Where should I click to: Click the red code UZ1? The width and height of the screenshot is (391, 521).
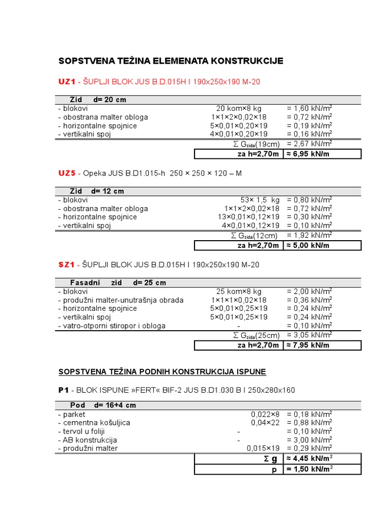click(x=67, y=81)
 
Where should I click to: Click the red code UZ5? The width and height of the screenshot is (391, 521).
click(x=67, y=173)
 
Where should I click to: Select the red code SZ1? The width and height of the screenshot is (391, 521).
click(x=67, y=265)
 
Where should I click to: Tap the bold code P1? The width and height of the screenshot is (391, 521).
click(x=64, y=390)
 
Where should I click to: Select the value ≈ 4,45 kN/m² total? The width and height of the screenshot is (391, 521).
click(x=310, y=458)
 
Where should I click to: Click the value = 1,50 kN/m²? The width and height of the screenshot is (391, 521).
click(x=310, y=470)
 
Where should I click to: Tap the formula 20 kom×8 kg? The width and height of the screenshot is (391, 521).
click(x=239, y=108)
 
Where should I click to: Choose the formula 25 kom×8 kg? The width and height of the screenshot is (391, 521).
click(x=239, y=292)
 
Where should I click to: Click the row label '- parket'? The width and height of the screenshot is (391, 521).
click(x=72, y=415)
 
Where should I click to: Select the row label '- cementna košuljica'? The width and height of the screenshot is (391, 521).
click(x=94, y=423)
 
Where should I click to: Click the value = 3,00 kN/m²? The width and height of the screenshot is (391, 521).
click(x=310, y=440)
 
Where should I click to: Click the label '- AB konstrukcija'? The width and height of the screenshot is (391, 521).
click(x=88, y=440)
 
